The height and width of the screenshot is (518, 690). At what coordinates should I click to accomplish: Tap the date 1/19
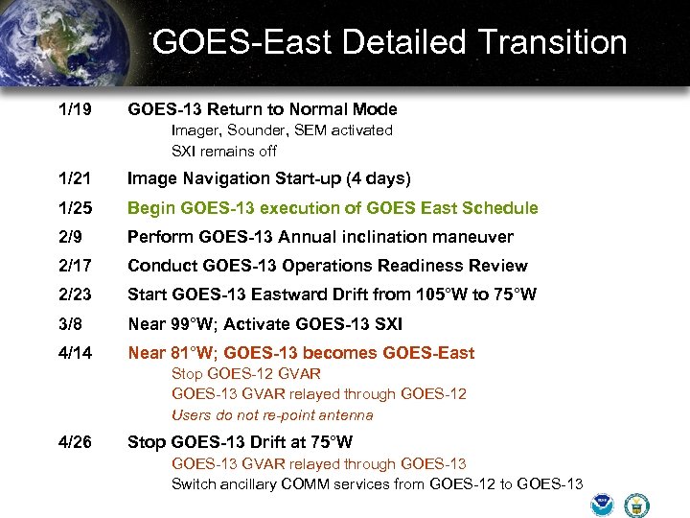(x=75, y=110)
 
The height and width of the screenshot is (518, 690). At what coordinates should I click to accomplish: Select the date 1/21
(x=75, y=178)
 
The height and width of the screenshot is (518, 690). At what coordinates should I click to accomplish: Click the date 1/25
(x=75, y=208)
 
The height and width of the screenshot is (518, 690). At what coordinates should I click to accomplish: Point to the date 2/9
(x=71, y=237)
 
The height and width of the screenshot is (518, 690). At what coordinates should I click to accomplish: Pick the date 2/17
(x=75, y=266)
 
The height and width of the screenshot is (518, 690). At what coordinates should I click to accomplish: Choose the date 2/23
(x=75, y=294)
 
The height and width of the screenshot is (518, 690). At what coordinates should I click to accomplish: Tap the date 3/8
(x=71, y=324)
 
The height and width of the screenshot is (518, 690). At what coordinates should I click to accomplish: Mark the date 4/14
(x=75, y=353)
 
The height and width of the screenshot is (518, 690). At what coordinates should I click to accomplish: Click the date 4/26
(x=75, y=442)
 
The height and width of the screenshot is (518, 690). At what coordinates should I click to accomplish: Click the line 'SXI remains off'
(x=224, y=151)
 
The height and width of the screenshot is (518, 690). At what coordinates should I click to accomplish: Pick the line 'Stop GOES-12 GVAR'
(x=246, y=373)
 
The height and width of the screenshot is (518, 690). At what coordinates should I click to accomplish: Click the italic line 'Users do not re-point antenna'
(x=272, y=415)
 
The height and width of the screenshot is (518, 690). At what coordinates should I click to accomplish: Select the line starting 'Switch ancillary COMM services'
(x=377, y=483)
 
